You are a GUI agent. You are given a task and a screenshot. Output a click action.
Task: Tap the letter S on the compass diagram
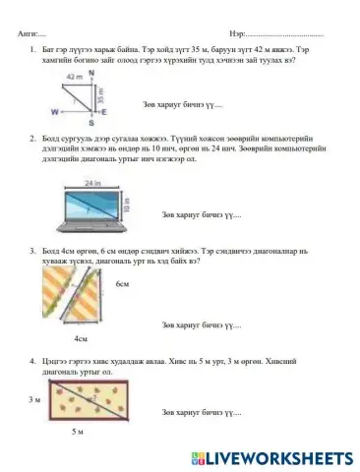pos(91,124)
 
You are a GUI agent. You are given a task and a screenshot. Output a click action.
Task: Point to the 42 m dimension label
pos(73,77)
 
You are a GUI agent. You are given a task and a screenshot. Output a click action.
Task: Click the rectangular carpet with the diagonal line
pos(85,401)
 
